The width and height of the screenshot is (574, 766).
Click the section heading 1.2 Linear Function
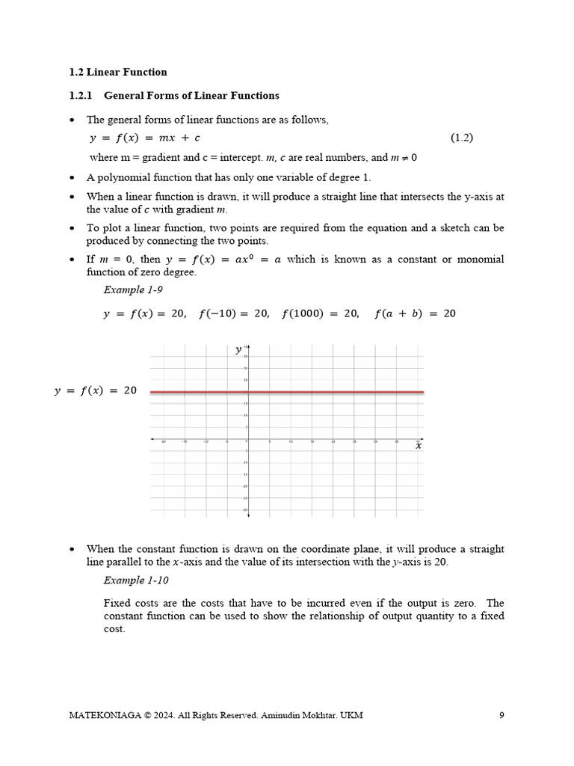[x=118, y=73]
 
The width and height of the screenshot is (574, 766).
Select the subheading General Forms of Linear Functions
[x=191, y=96]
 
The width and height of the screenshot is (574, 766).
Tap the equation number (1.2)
[x=461, y=138]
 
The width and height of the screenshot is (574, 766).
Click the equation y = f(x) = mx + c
[x=144, y=138]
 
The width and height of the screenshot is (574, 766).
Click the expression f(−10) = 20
[x=234, y=314]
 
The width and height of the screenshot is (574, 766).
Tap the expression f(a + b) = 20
[x=414, y=314]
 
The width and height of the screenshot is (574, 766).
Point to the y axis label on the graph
[x=238, y=349]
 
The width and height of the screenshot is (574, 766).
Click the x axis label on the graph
[x=418, y=446]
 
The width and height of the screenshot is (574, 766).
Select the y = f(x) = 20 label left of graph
[x=96, y=391]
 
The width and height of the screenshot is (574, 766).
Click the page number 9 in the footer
[x=502, y=715]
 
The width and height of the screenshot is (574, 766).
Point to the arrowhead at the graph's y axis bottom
[x=248, y=515]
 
